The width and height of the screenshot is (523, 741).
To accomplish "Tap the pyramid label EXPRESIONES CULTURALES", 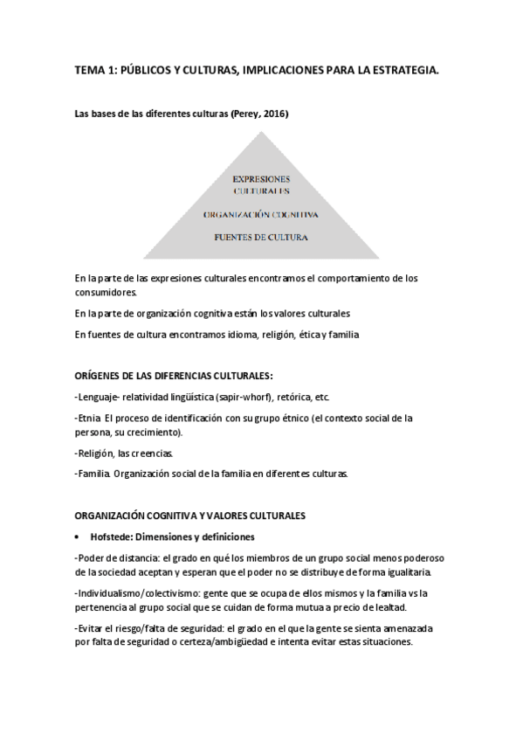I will [262, 184].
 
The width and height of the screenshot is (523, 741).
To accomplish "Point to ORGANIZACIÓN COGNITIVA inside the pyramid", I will [260, 214].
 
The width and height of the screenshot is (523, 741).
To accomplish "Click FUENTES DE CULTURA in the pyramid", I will [261, 237].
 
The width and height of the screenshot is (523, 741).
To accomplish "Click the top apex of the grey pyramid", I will [261, 131].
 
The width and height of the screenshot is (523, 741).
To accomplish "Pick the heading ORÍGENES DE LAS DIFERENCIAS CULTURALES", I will [174, 377].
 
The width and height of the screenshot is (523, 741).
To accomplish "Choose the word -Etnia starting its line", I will [88, 418].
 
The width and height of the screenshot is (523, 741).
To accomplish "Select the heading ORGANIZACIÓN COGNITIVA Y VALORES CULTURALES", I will [189, 516].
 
